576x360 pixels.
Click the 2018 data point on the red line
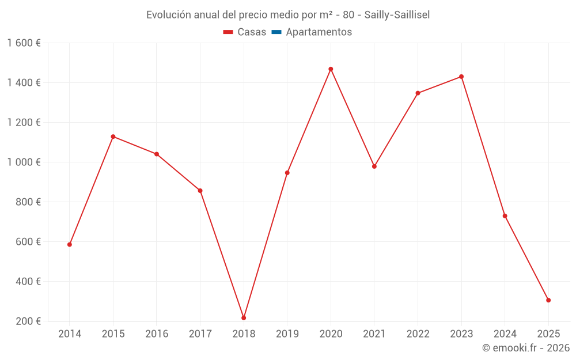[x=244, y=318]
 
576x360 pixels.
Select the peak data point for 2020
[x=331, y=69]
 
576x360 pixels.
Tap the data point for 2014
[x=70, y=245]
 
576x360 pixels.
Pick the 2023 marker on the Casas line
[x=461, y=77]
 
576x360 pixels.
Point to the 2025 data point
[x=548, y=300]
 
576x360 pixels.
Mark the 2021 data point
[x=374, y=166]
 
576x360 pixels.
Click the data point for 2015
[x=113, y=137]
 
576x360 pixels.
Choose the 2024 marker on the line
[x=505, y=216]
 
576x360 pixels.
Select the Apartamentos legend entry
[x=319, y=32]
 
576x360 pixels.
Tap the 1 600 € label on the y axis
[x=24, y=43]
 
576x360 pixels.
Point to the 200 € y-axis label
[x=28, y=321]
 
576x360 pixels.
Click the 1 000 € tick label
[x=24, y=162]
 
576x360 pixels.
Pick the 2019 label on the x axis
[x=287, y=334]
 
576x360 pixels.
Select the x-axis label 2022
[x=418, y=334]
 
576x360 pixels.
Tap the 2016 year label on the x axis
[x=157, y=334]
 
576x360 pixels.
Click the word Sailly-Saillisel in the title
[x=397, y=15]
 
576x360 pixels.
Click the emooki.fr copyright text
[x=526, y=348]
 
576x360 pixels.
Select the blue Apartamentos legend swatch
[x=276, y=32]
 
